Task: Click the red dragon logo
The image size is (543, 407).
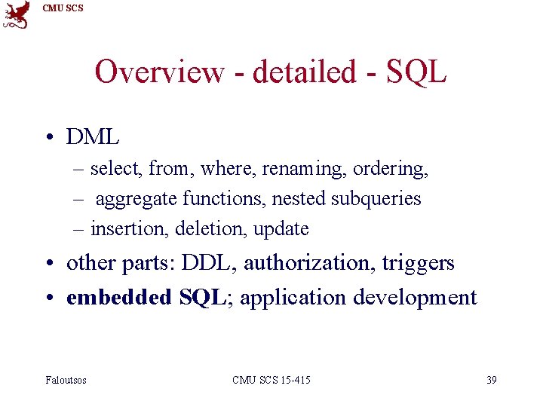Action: pos(17,14)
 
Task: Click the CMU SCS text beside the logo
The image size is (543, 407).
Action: pos(63,8)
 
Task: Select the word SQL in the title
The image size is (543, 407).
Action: pos(416,72)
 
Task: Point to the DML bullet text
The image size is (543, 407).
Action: pos(93,136)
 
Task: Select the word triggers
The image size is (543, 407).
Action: pos(419,262)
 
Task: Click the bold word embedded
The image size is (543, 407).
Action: pos(119,297)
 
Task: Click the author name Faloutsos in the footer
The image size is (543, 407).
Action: pos(66,380)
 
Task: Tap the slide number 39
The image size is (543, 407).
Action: pos(491,380)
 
